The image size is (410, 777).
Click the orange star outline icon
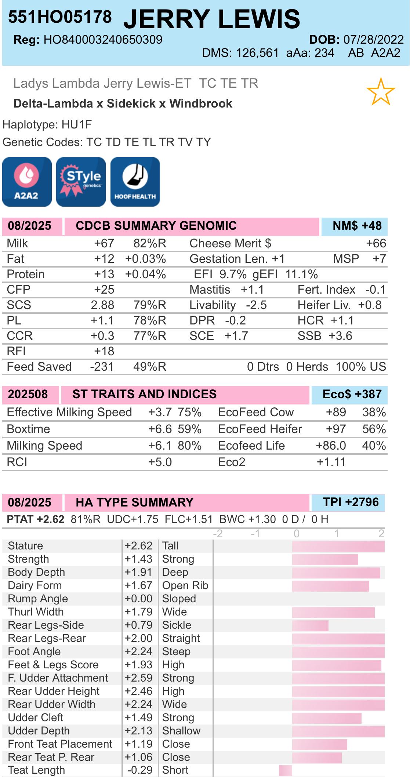tap(381, 91)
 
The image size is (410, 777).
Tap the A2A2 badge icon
tap(27, 182)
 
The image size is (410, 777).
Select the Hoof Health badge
tap(135, 182)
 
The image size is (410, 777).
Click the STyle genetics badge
tap(81, 182)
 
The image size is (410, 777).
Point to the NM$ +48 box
tap(354, 226)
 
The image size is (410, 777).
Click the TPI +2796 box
tap(348, 502)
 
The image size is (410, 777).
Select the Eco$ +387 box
tap(349, 395)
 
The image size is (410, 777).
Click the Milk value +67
tap(104, 243)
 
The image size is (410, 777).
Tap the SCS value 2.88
tap(102, 305)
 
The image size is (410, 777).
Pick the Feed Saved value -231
tap(102, 367)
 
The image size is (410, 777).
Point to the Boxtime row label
tap(29, 429)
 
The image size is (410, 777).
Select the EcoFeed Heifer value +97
tap(336, 429)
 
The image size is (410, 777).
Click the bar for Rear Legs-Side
tap(310, 625)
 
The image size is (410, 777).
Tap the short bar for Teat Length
tap(286, 770)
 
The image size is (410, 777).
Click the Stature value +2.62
tap(138, 546)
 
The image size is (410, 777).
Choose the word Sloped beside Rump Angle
tap(179, 599)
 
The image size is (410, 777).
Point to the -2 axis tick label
tap(218, 533)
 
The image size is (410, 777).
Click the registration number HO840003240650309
tap(103, 40)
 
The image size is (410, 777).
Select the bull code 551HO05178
tap(60, 17)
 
